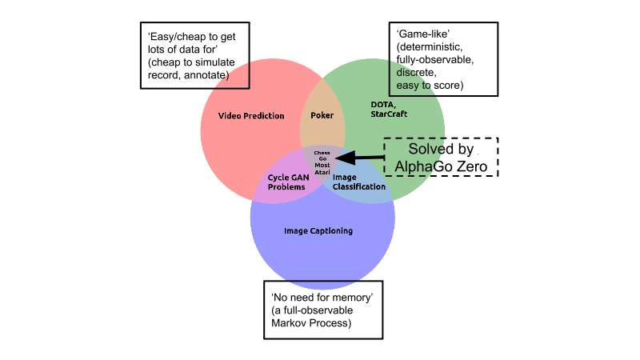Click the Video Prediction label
point(251,116)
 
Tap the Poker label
point(322,116)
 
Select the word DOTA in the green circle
point(382,105)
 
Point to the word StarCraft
point(389,114)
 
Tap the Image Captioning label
point(318,231)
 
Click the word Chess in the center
point(322,152)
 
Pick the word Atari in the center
point(322,171)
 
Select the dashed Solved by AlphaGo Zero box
point(441,158)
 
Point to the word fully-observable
point(434,60)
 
